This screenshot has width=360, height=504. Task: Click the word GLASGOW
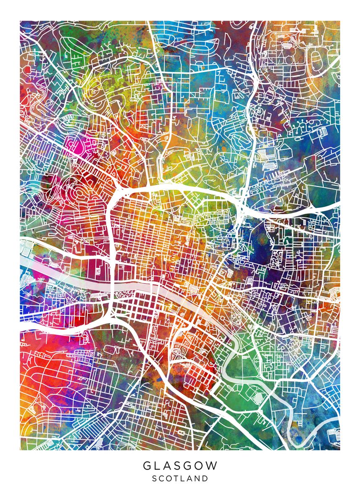pyautogui.click(x=180, y=466)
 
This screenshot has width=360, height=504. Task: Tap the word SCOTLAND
pyautogui.click(x=180, y=478)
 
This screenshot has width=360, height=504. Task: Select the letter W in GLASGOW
pyautogui.click(x=212, y=466)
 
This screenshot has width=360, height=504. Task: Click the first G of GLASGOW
pyautogui.click(x=147, y=466)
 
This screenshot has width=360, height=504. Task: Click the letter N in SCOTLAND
pyautogui.click(x=197, y=478)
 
